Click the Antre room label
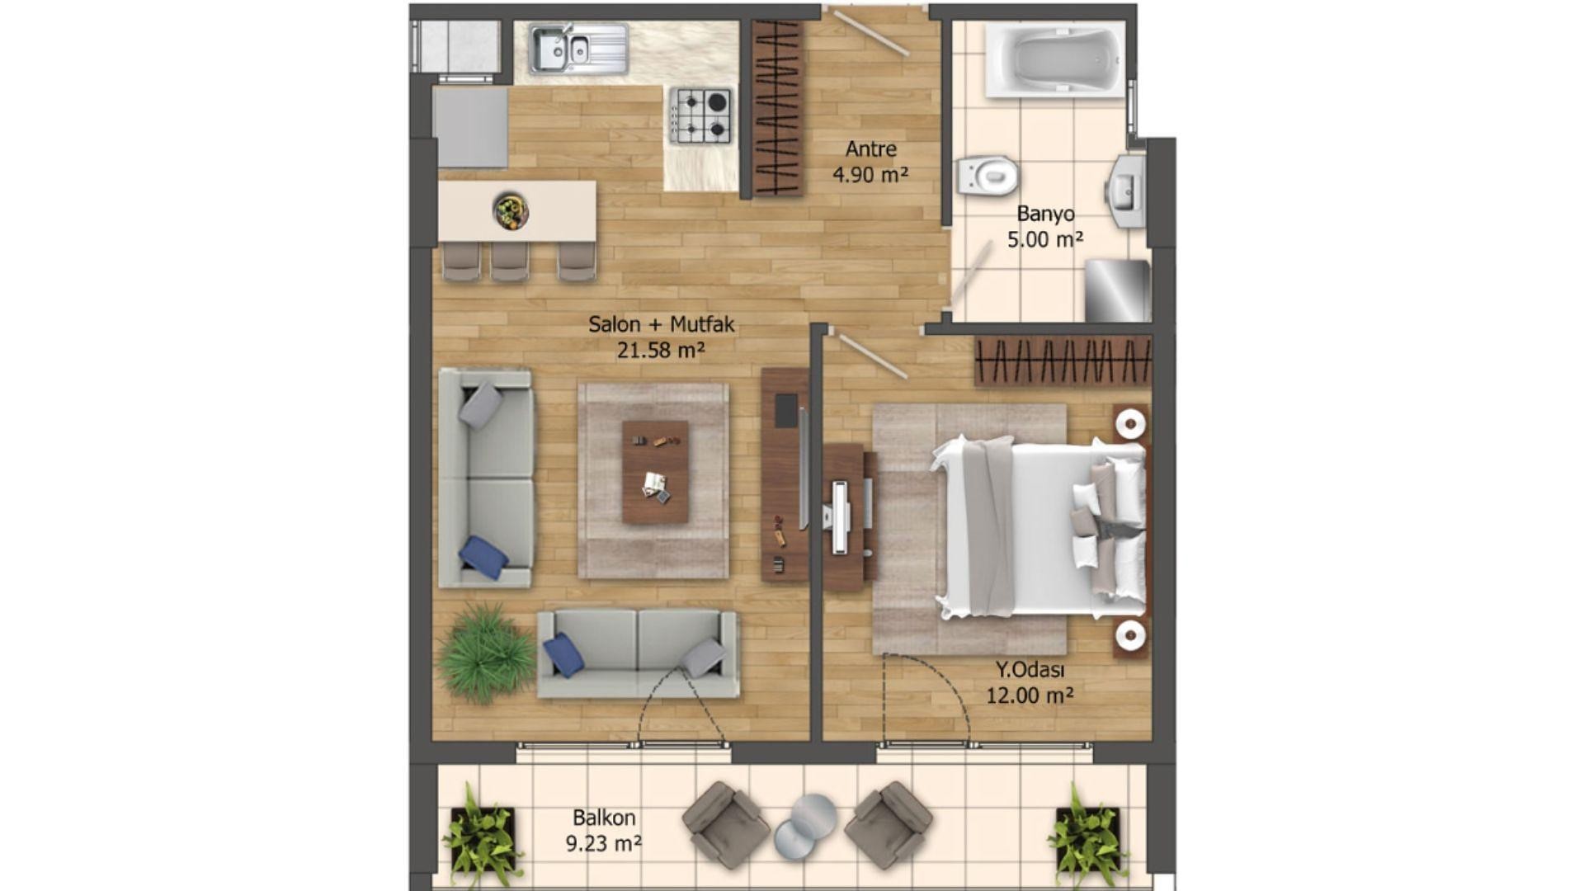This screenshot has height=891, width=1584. (870, 149)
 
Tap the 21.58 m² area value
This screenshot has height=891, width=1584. (661, 351)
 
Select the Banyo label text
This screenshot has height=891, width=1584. (1045, 214)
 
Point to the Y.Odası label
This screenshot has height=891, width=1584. (1030, 670)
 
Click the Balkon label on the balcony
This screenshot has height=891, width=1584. (604, 818)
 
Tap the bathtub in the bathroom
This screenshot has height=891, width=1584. (1055, 59)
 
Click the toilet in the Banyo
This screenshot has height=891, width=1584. (988, 176)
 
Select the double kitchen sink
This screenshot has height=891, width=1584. (578, 48)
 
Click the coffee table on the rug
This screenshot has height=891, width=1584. (655, 472)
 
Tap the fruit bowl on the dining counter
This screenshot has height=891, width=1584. (511, 210)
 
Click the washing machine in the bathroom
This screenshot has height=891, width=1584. (1117, 290)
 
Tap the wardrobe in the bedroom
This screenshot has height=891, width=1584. (1062, 361)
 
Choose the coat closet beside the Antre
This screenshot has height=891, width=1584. (777, 108)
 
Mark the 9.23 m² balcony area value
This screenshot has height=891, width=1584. (604, 844)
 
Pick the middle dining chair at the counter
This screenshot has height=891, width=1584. (509, 262)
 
